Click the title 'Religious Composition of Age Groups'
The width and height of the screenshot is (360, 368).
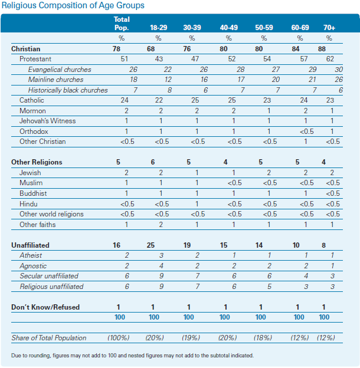pos(77,5)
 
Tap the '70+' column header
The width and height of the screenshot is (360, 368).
pos(329,28)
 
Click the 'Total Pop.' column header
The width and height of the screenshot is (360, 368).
pos(122,24)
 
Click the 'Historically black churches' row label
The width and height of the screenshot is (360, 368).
pos(68,90)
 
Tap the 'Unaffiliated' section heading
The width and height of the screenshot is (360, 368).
pos(30,245)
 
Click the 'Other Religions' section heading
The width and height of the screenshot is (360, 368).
pos(37,162)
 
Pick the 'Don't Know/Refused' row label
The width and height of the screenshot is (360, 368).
pos(45,307)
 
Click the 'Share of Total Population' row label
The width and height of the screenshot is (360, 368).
pos(49,338)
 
